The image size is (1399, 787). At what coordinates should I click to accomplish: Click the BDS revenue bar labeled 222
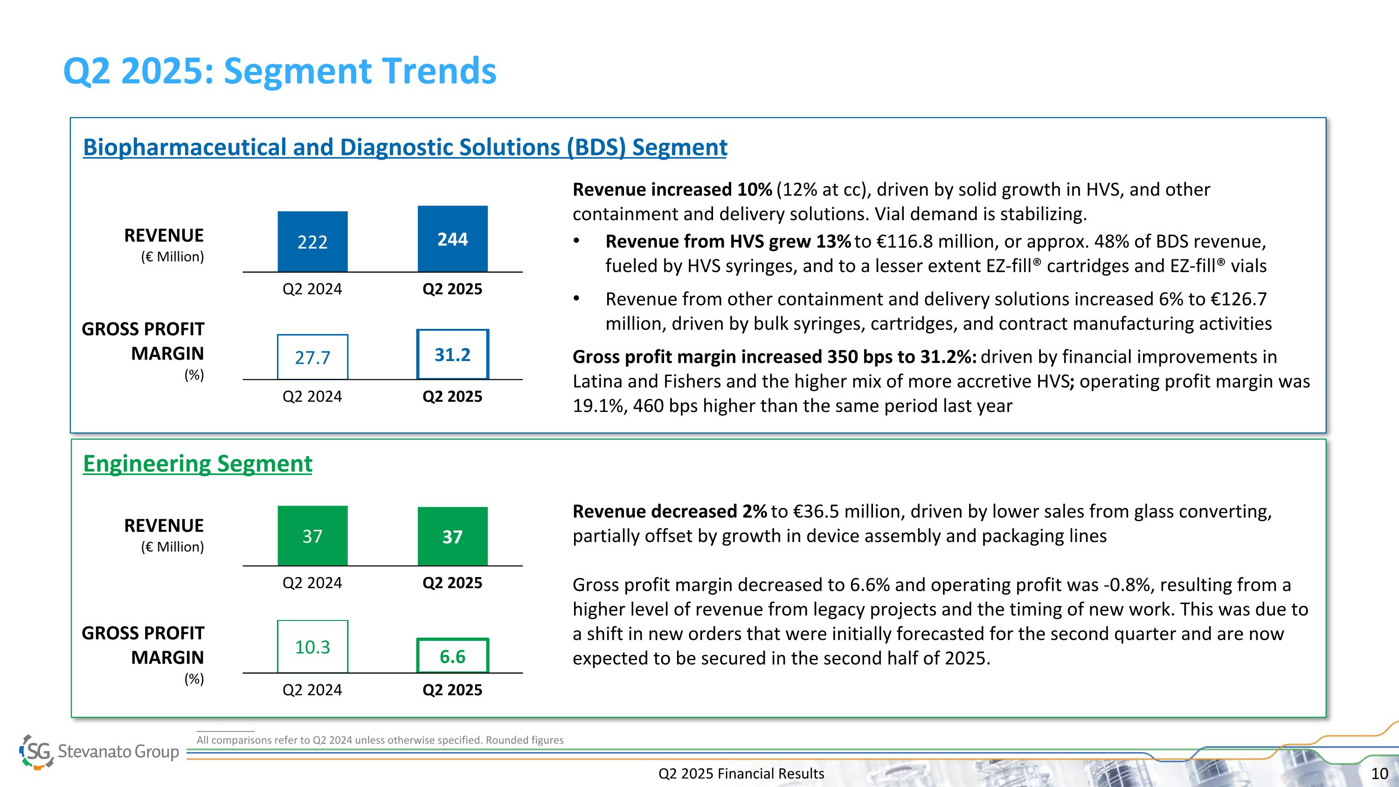[x=312, y=242]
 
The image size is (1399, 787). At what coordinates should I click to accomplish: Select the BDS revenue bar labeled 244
[x=452, y=239]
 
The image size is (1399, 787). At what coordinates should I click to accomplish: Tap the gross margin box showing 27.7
[x=312, y=357]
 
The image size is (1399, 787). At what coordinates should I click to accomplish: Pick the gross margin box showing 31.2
[x=452, y=354]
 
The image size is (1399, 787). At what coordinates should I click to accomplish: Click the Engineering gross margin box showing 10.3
[x=312, y=646]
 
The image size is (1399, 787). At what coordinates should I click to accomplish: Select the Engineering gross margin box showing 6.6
[x=452, y=656]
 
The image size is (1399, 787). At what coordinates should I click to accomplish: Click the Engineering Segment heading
[x=197, y=463]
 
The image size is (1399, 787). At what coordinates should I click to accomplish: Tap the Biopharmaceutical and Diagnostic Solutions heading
[x=405, y=147]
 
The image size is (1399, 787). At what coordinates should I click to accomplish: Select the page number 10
[x=1379, y=773]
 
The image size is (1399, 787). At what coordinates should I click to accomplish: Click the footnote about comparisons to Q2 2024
[x=380, y=740]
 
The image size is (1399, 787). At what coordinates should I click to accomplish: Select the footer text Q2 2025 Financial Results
[x=741, y=773]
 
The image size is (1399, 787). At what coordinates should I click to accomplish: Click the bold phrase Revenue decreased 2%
[x=669, y=511]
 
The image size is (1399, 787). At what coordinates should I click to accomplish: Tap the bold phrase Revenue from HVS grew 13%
[x=728, y=241]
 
